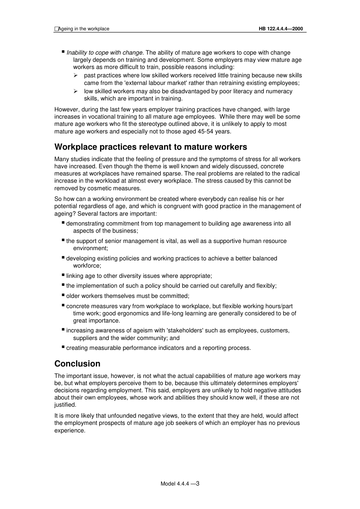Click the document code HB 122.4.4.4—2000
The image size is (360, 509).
pyautogui.click(x=281, y=29)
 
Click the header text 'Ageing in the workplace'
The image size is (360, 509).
pyautogui.click(x=83, y=29)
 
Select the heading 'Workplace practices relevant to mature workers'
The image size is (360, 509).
pyautogui.click(x=150, y=147)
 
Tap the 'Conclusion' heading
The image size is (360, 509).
pyautogui.click(x=77, y=364)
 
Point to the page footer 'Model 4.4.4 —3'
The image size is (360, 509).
pyautogui.click(x=180, y=484)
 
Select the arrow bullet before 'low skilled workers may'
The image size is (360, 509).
pyautogui.click(x=75, y=91)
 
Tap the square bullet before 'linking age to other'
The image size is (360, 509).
pyautogui.click(x=63, y=275)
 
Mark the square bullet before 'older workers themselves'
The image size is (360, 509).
pyautogui.click(x=63, y=295)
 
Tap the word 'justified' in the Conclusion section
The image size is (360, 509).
pyautogui.click(x=64, y=405)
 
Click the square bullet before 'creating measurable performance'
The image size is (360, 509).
pyautogui.click(x=63, y=347)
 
